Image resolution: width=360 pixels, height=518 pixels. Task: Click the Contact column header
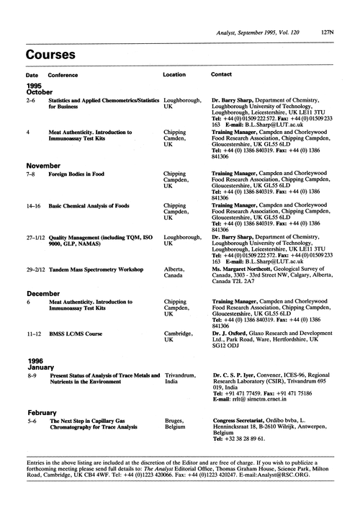click(x=220, y=75)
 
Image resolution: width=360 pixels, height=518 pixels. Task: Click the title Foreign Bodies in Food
click(x=81, y=174)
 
